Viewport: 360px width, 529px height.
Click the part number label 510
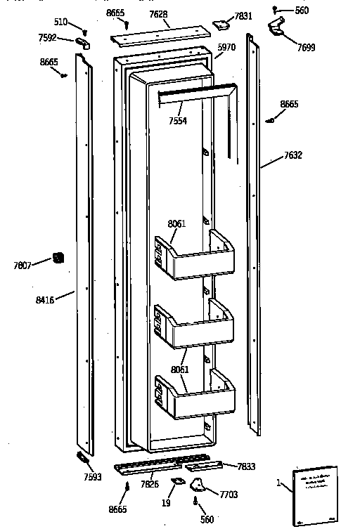(x=61, y=22)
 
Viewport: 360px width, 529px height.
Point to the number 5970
(x=225, y=46)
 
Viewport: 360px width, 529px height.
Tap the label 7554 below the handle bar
(x=179, y=121)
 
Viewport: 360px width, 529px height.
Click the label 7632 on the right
(x=293, y=155)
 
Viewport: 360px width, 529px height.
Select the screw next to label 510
(x=85, y=31)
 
